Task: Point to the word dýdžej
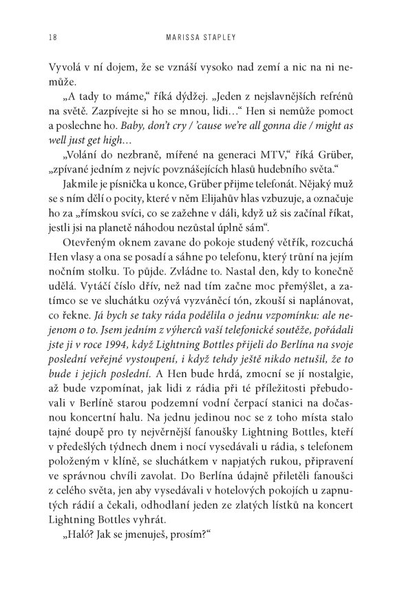click(151, 99)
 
